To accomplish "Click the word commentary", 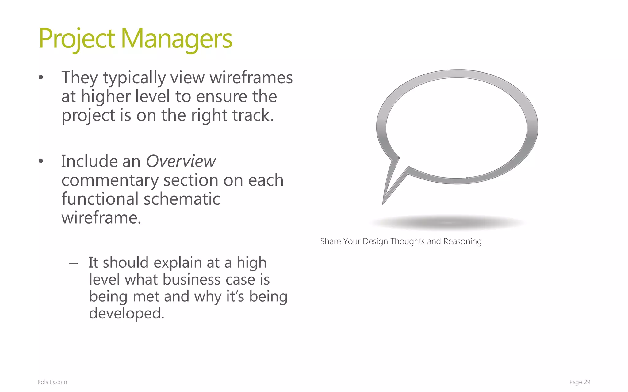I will click(109, 180).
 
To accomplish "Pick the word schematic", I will click(182, 199).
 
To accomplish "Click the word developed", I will click(126, 313).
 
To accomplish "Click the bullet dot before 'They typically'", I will click(41, 78).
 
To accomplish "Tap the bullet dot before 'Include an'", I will click(41, 161).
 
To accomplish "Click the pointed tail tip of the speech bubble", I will click(383, 203).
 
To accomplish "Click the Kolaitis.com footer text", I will click(52, 382).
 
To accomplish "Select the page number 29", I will click(587, 382).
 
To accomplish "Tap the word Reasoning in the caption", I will click(462, 241).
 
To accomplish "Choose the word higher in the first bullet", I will click(105, 96).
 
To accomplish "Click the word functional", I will click(100, 199).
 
